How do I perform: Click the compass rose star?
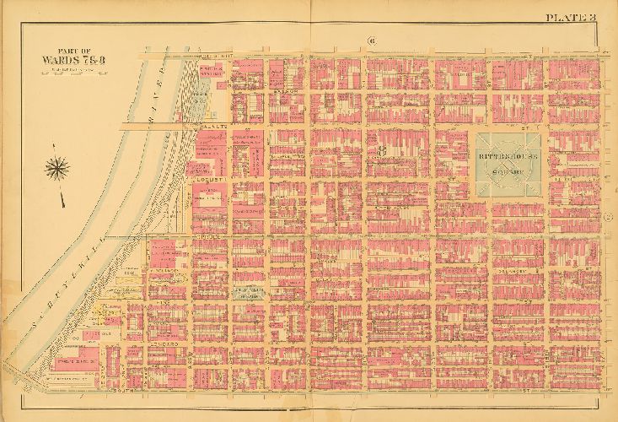pos(58,168)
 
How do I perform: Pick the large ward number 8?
pos(382,152)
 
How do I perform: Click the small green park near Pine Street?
pos(250,291)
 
